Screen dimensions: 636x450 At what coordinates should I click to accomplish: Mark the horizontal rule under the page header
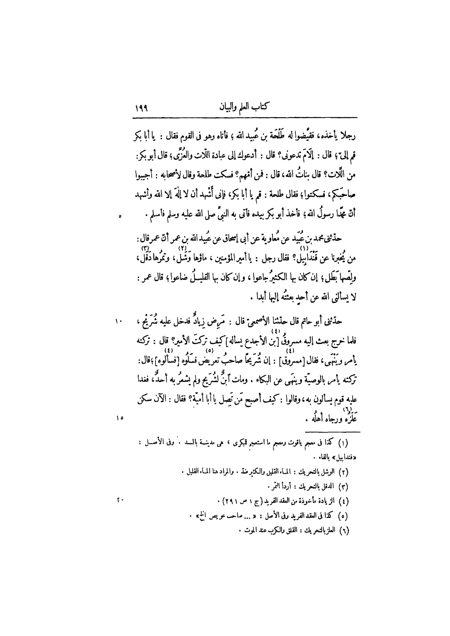click(245, 118)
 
